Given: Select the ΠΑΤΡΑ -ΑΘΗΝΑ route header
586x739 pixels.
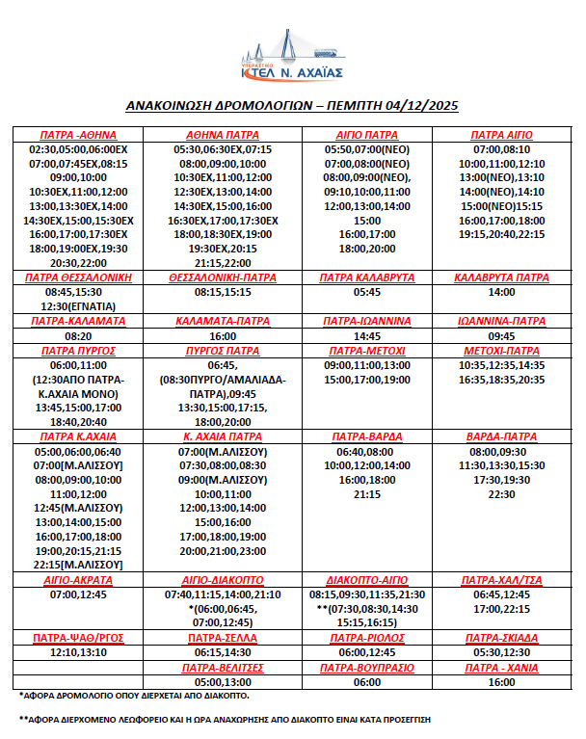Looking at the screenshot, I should pos(76,135).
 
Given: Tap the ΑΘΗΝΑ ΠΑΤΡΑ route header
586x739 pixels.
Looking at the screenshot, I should pos(223,135).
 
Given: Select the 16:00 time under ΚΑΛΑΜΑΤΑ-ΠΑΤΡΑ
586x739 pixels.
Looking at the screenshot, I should pos(223,336).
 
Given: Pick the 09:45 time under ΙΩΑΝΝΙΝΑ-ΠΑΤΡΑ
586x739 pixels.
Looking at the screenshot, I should pos(501,336).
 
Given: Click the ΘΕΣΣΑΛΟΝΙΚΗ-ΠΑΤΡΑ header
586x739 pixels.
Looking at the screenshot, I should pos(223,277).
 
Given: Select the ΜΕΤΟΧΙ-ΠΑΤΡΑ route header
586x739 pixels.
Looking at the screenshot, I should pos(501,351).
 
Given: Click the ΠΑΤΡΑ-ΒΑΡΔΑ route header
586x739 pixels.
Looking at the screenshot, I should pos(366,435).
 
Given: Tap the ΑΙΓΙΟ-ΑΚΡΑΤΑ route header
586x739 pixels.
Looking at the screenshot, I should pos(78,581).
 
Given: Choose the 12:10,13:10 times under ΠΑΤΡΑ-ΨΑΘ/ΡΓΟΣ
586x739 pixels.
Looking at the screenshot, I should pos(78,652).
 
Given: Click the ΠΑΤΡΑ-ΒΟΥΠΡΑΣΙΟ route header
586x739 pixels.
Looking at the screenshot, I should pos(366,667).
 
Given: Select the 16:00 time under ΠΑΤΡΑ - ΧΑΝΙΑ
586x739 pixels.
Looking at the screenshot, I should pos(501,681).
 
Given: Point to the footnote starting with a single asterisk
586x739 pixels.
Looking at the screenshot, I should pos(153,695).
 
